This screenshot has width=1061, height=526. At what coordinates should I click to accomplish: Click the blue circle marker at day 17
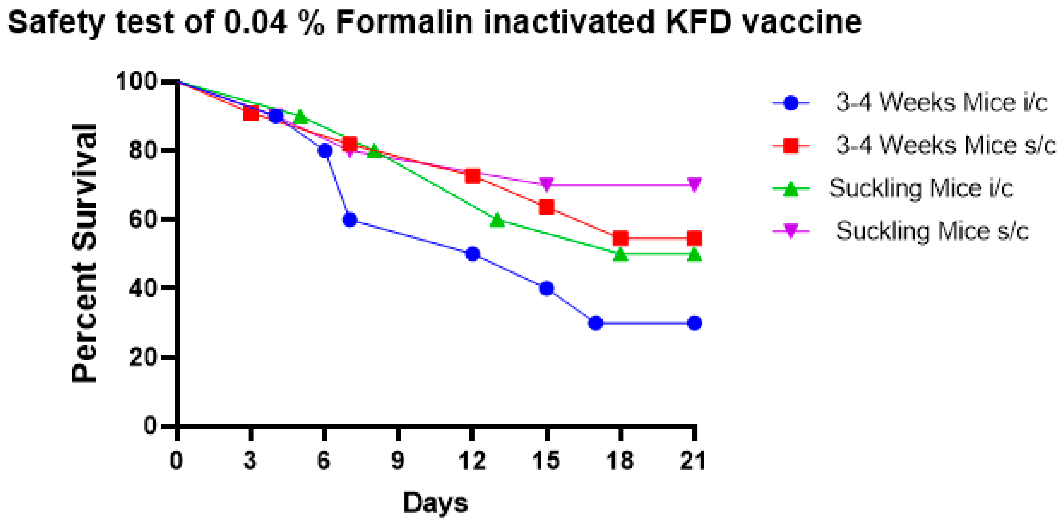tap(596, 323)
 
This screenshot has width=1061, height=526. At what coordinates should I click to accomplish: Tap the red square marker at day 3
tap(251, 113)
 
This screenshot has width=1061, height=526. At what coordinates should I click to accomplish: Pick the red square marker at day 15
tap(547, 207)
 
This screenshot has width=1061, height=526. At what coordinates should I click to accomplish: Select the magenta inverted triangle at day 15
tap(547, 184)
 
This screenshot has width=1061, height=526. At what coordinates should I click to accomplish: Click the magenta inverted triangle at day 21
tap(694, 184)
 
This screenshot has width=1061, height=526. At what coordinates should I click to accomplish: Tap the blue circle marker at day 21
tap(694, 323)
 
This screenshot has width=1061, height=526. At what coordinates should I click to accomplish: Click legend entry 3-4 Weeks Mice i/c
tap(941, 102)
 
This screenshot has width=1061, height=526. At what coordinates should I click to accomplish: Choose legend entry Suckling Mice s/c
tap(932, 231)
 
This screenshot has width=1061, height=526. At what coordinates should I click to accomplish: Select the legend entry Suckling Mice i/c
tap(920, 188)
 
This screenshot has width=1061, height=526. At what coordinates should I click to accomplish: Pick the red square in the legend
tap(791, 145)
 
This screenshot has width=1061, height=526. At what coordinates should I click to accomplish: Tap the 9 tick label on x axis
tap(398, 461)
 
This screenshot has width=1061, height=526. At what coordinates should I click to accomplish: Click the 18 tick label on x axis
tap(620, 461)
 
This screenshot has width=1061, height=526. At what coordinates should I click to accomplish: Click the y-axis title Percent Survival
tap(84, 253)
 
